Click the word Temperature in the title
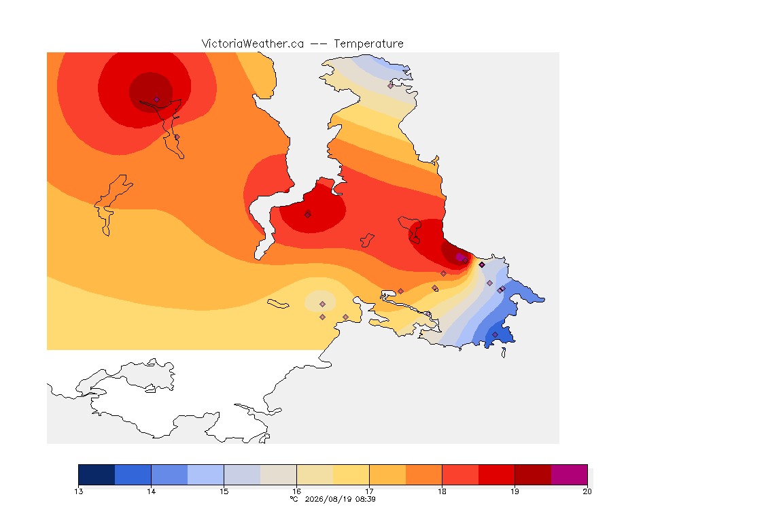[368, 44]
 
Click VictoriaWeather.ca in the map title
[253, 44]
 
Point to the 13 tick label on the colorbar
[78, 491]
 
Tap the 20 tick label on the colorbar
[587, 491]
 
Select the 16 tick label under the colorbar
[296, 491]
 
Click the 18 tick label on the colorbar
[442, 491]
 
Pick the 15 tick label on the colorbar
[224, 491]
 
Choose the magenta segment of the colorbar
[570, 474]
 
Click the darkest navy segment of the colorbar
[97, 474]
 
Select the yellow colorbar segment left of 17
[351, 474]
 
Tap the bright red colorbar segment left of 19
[496, 474]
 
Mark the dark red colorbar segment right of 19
[533, 474]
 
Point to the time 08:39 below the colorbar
[366, 499]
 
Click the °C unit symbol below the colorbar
[294, 499]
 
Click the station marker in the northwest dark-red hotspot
[156, 99]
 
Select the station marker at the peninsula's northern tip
[391, 86]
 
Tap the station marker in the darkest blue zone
[495, 334]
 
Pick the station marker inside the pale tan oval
[323, 304]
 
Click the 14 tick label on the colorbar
[152, 491]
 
